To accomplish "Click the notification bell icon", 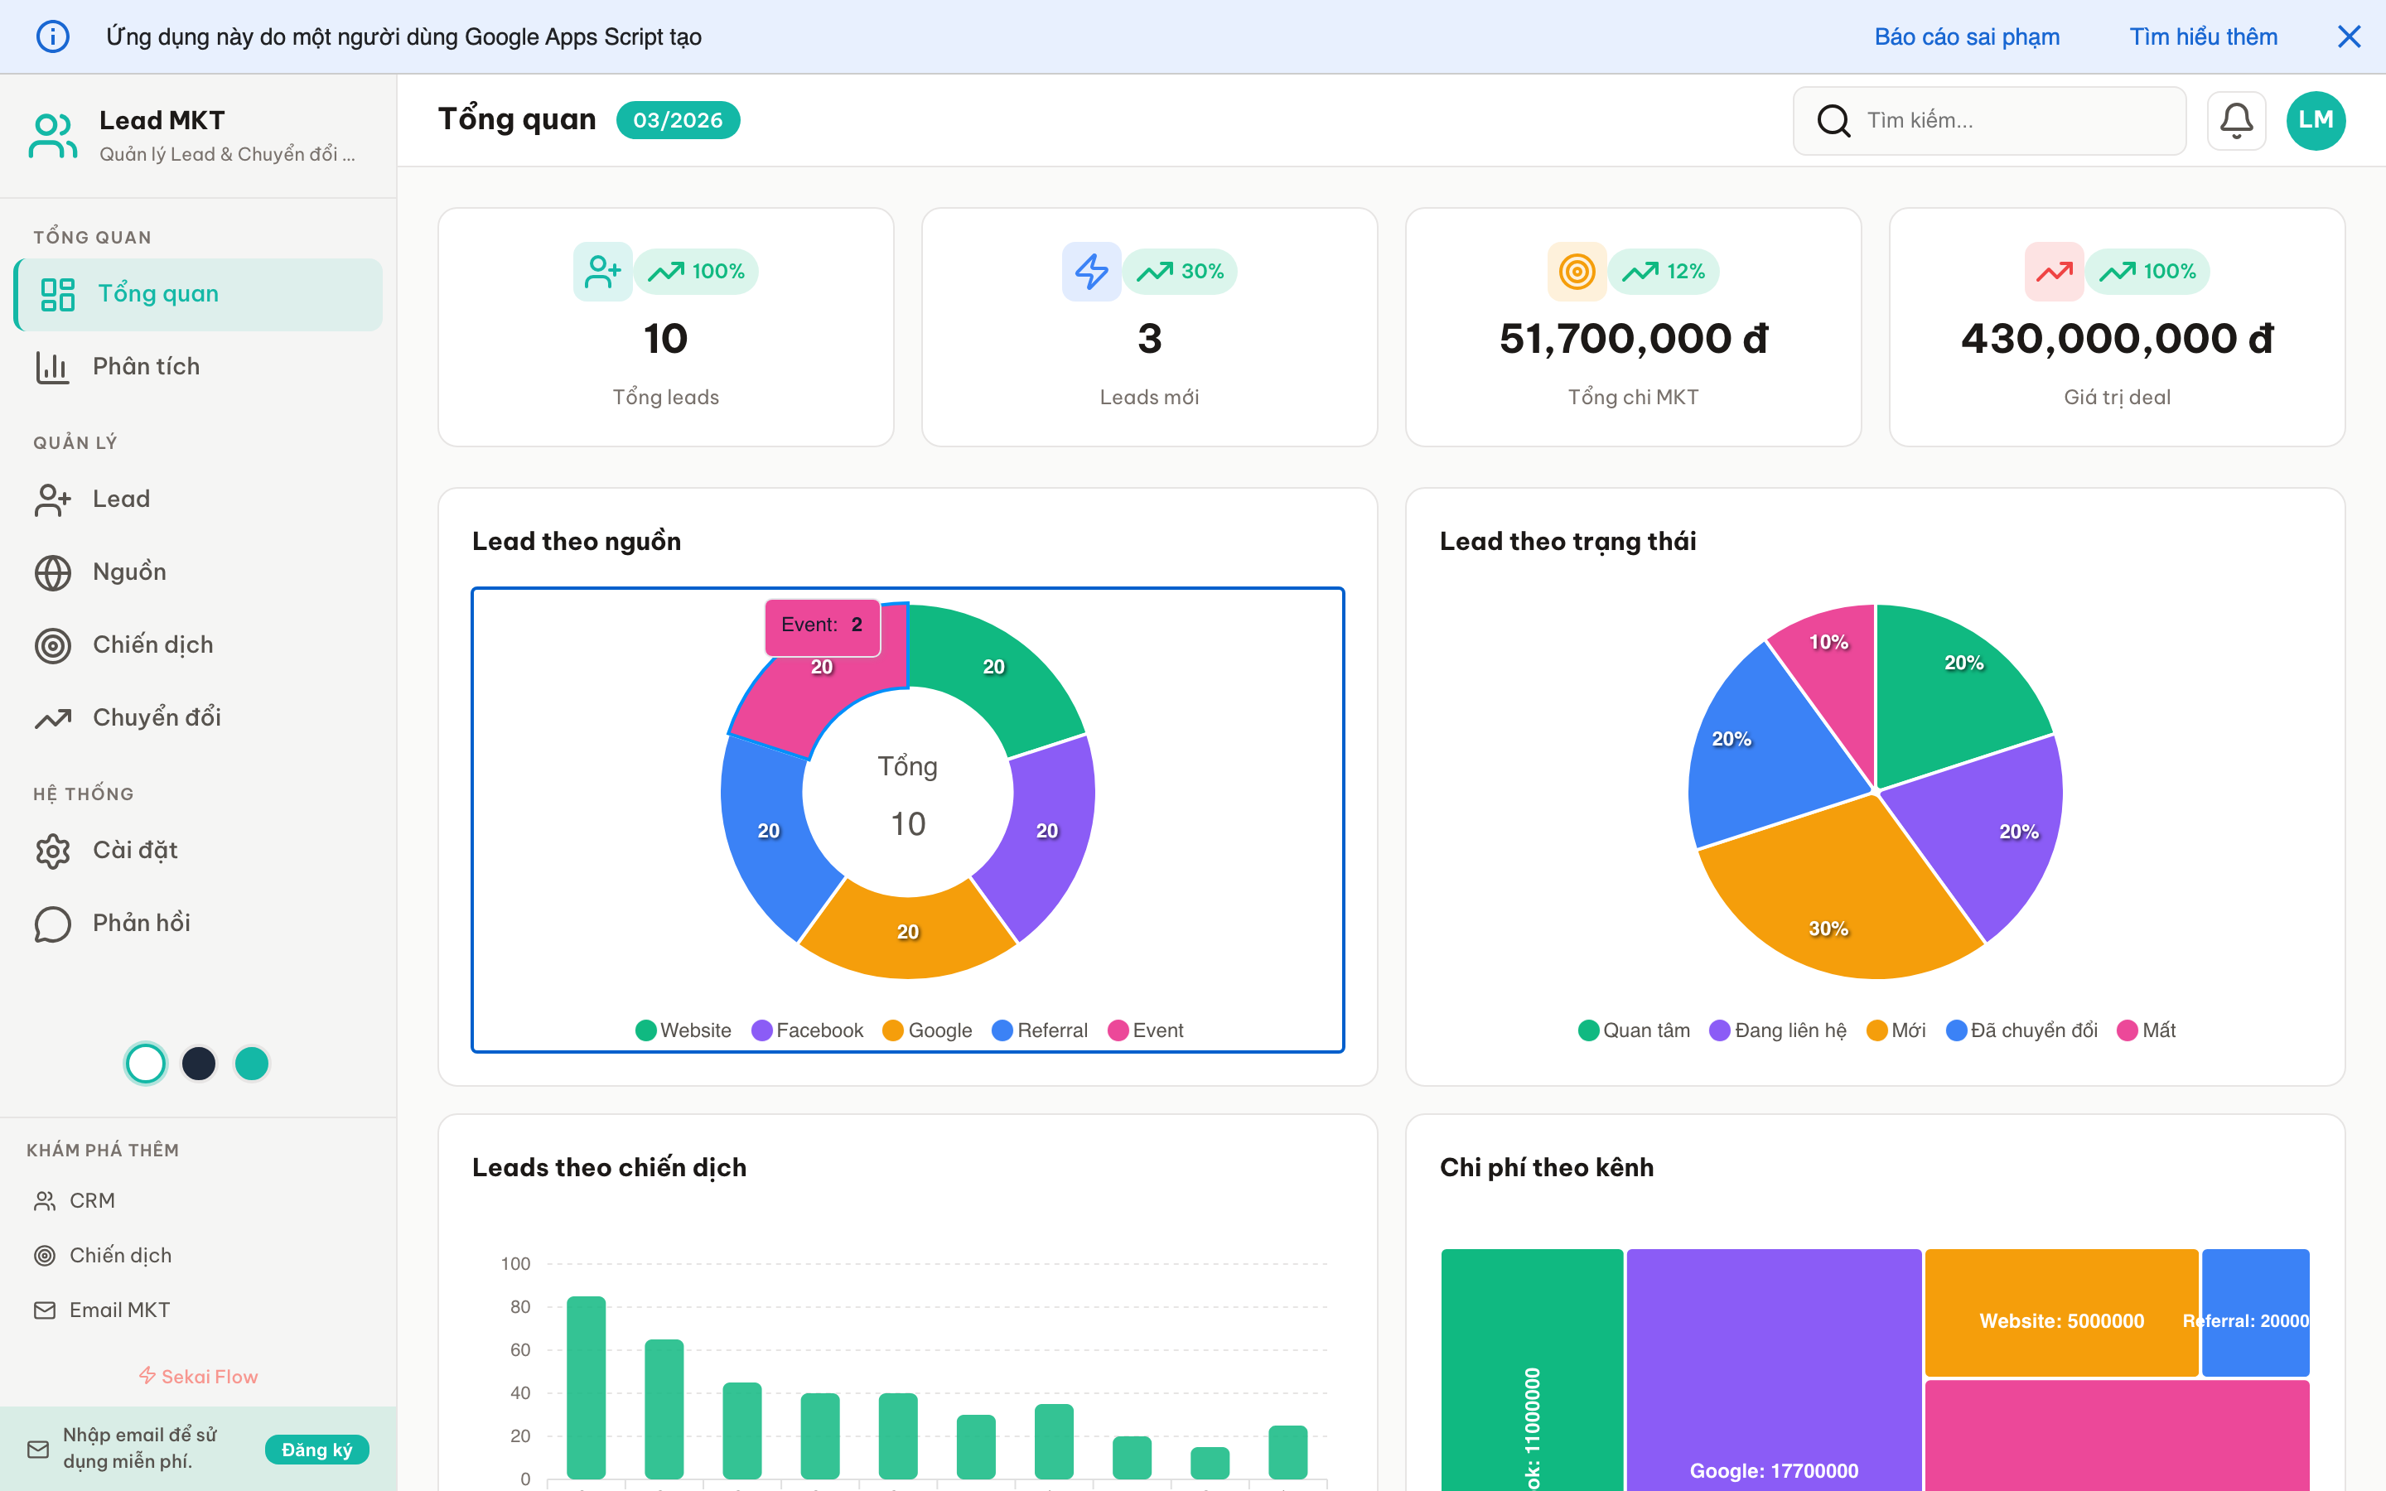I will coord(2235,120).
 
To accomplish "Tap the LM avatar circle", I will coord(2315,120).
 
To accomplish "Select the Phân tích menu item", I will coord(146,367).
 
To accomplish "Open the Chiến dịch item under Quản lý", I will coord(152,645).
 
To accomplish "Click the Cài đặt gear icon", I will coord(53,851).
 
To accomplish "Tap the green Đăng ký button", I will coord(316,1449).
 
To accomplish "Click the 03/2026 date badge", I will coord(678,120).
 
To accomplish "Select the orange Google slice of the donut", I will coord(907,932).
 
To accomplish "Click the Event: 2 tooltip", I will coord(821,625).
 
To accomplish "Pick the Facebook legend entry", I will coord(808,1030).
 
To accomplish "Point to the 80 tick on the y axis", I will coord(519,1306).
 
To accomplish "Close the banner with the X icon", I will coord(2349,36).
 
